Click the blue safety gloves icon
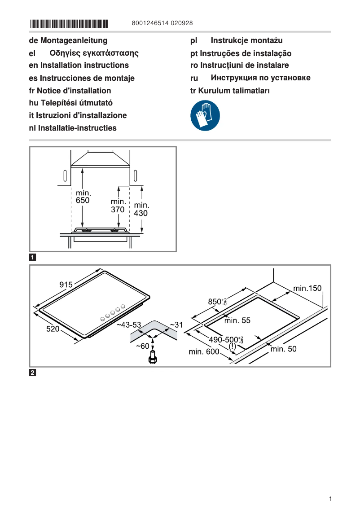(205, 115)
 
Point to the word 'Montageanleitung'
(74, 40)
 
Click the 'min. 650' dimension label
(83, 197)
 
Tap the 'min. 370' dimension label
(119, 206)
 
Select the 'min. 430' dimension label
(141, 210)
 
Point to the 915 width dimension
(66, 284)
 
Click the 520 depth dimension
(53, 329)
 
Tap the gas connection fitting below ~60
(154, 358)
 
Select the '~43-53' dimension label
(129, 325)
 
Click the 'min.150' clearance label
(307, 288)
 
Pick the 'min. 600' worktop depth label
(204, 351)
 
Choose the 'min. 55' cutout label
(237, 320)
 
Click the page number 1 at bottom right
(330, 499)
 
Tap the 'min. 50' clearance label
(283, 349)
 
